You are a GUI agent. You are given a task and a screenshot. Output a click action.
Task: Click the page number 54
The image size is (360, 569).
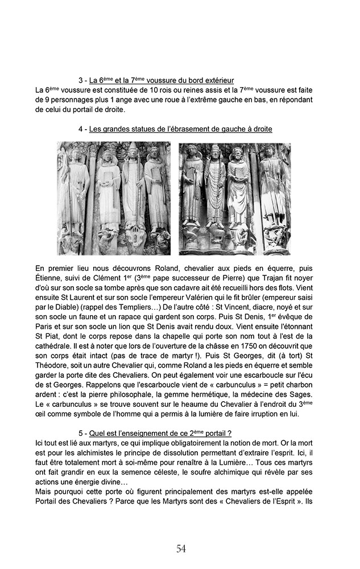click(181, 549)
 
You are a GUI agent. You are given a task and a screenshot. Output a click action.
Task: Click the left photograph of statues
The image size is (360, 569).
click(114, 198)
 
